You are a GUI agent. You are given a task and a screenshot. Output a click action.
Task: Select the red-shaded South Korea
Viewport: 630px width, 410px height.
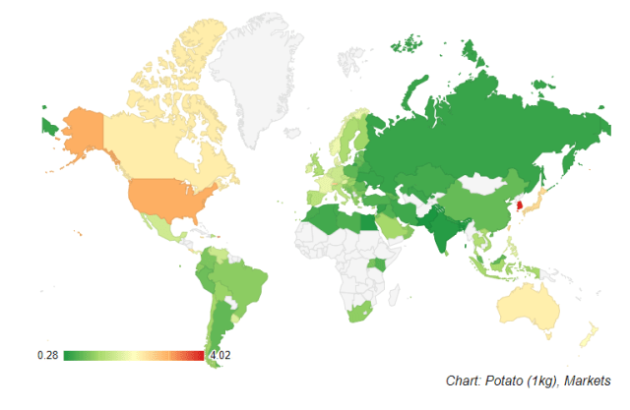coord(513,208)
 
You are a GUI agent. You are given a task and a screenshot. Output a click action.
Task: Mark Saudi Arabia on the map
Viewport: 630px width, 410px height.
coord(392,230)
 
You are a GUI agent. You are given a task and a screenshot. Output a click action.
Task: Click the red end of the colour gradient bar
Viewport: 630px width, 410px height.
coord(199,355)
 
